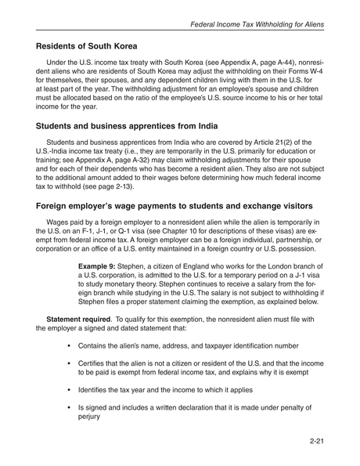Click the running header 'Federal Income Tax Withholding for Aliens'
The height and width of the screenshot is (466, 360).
pos(257,24)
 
